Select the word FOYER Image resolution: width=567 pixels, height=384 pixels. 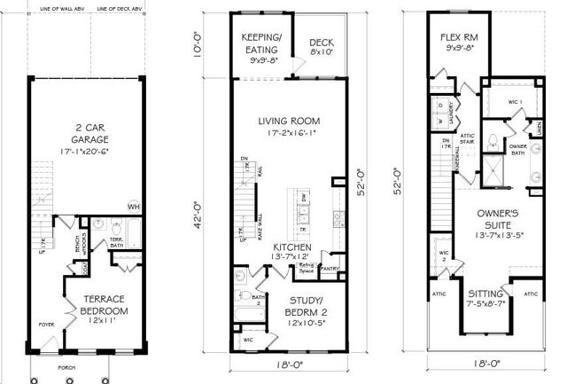pyautogui.click(x=46, y=325)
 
